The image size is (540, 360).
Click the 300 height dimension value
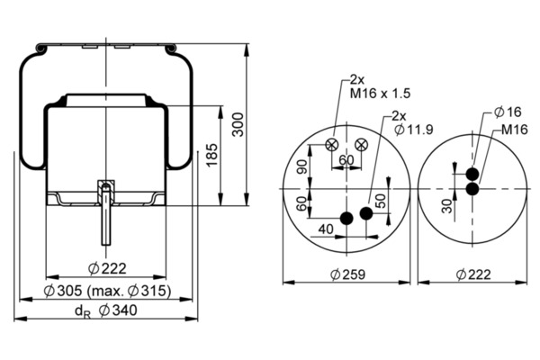click(x=238, y=125)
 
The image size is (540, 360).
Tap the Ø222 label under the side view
click(x=107, y=267)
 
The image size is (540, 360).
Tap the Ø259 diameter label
click(x=346, y=274)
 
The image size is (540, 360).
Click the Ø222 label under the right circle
click(x=475, y=274)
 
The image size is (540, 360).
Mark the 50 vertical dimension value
click(x=380, y=201)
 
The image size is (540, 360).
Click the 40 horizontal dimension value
click(x=325, y=229)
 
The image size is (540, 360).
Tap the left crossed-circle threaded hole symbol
click(x=332, y=145)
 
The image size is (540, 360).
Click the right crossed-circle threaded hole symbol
click(x=362, y=144)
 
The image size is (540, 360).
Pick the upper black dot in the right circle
click(x=472, y=174)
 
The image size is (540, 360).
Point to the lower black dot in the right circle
click(x=472, y=188)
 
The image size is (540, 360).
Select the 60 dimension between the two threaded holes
click(x=346, y=160)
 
